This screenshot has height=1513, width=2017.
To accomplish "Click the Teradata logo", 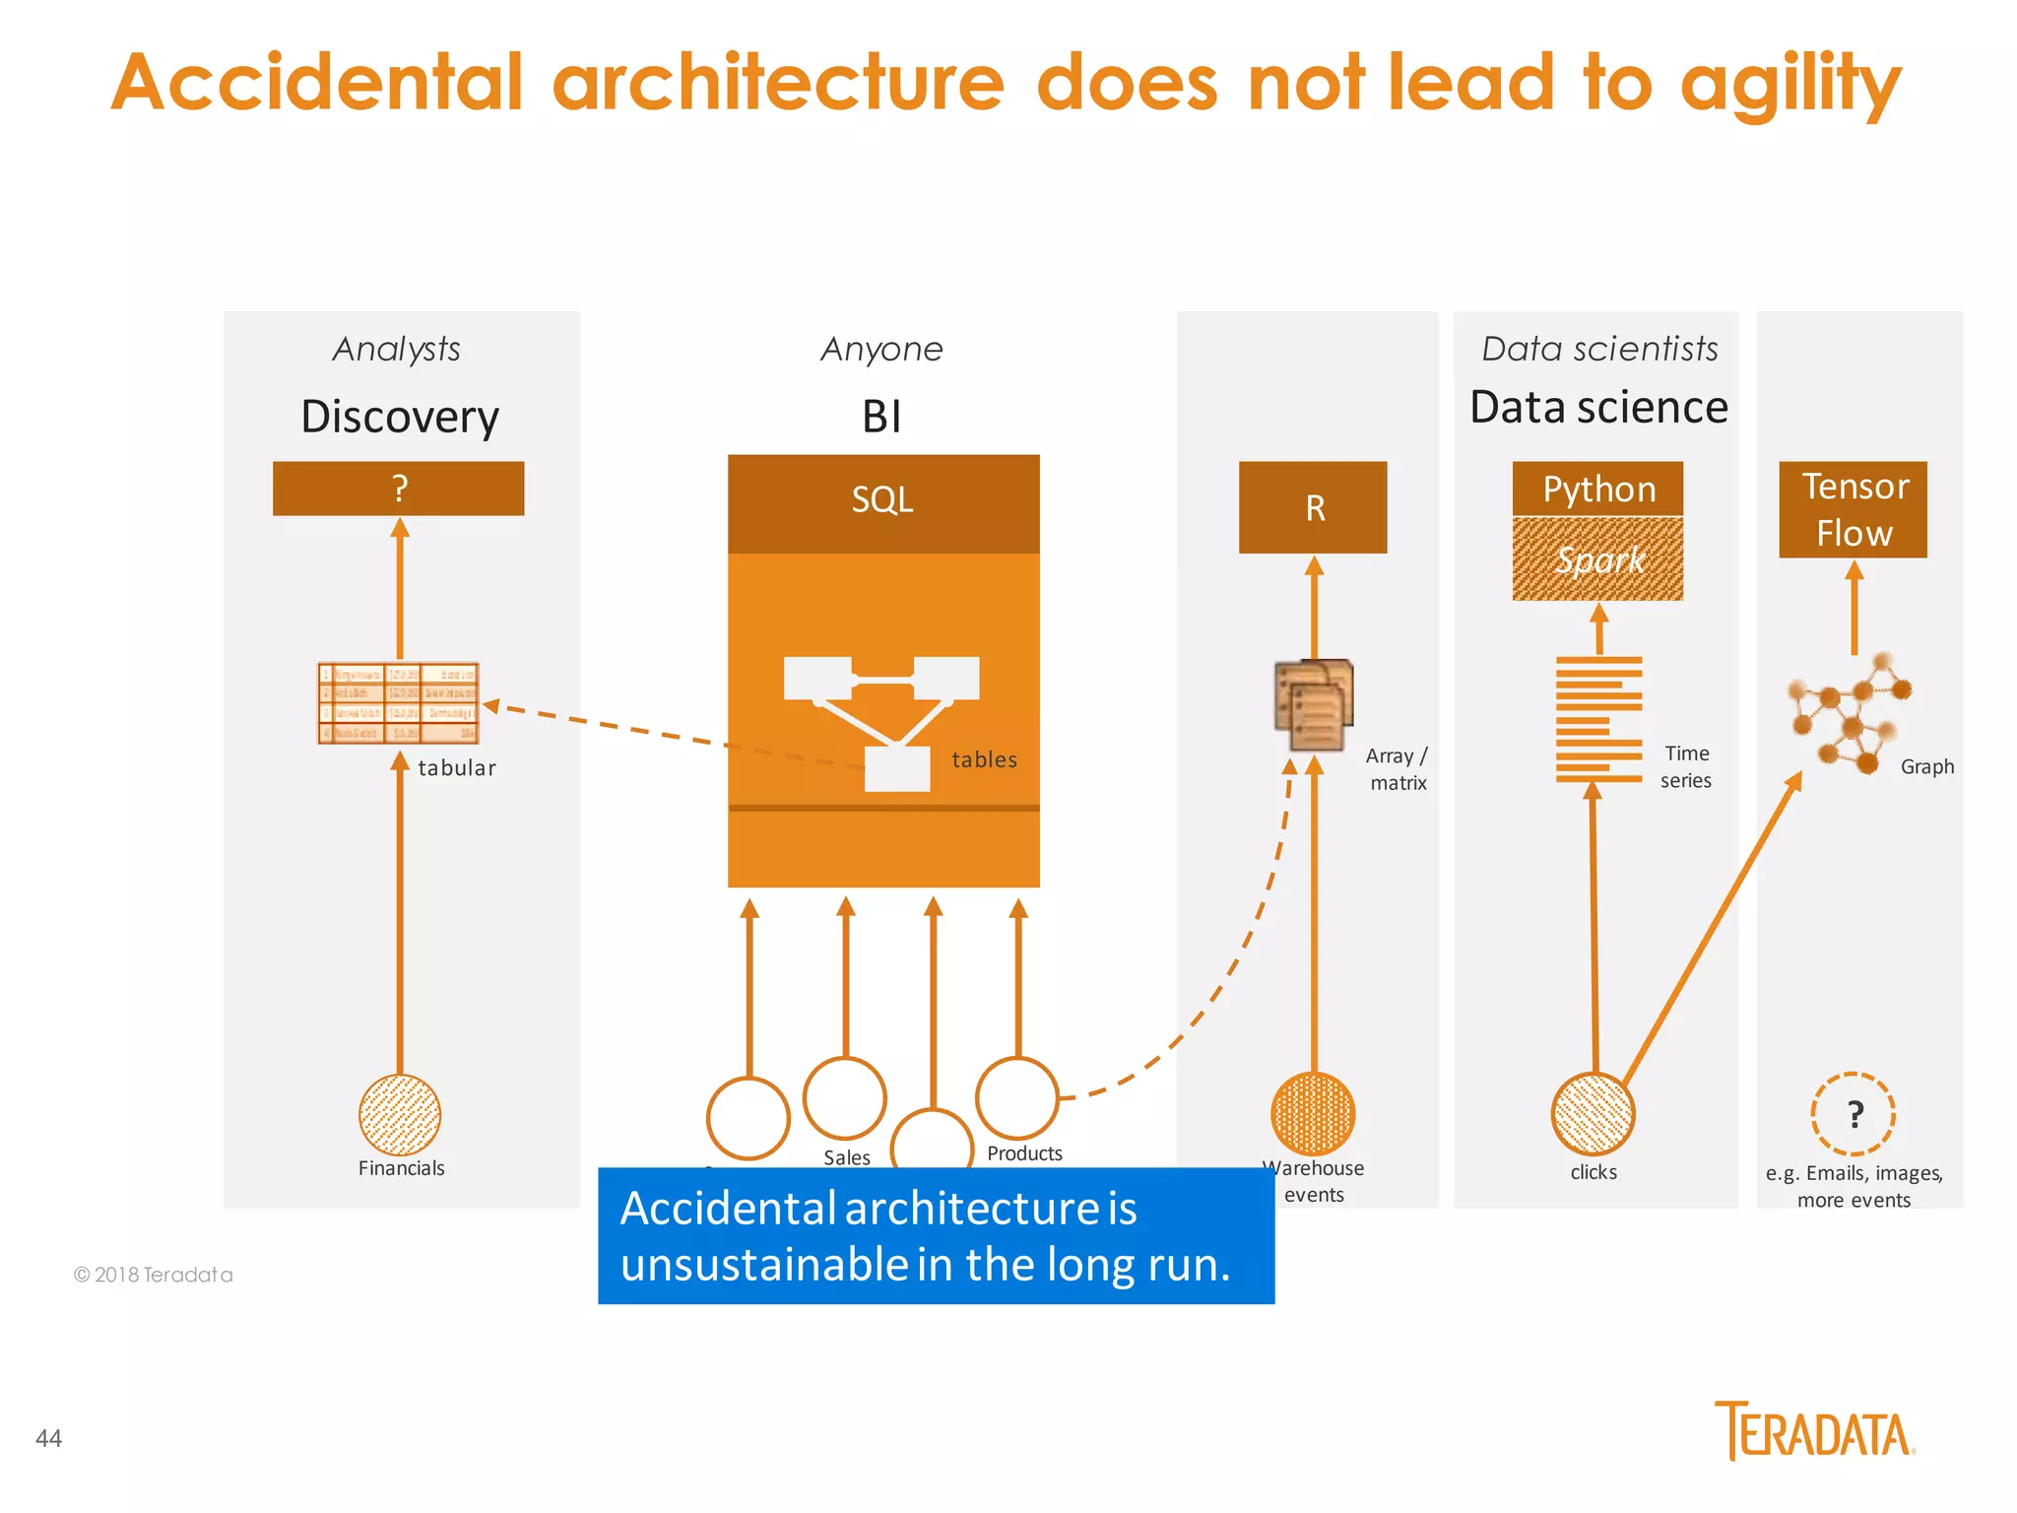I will pyautogui.click(x=1814, y=1431).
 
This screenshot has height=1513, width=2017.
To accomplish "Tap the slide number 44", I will pyautogui.click(x=48, y=1438).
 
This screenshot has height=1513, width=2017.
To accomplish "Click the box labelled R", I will pyautogui.click(x=1313, y=507).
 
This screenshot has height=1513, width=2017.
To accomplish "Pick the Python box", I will pyautogui.click(x=1597, y=489).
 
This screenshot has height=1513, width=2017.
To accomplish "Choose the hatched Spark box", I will pyautogui.click(x=1597, y=559).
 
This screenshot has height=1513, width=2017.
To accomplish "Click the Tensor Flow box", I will pyautogui.click(x=1853, y=509).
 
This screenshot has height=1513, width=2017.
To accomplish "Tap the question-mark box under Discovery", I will pyautogui.click(x=398, y=489).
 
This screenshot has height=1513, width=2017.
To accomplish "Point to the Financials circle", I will pyautogui.click(x=399, y=1114).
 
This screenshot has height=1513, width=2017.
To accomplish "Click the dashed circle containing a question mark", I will pyautogui.click(x=1853, y=1114).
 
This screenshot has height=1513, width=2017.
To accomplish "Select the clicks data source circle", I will pyautogui.click(x=1593, y=1114).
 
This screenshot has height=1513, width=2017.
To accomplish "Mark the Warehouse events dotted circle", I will pyautogui.click(x=1313, y=1113).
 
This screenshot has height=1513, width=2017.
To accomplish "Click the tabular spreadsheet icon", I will pyautogui.click(x=398, y=702).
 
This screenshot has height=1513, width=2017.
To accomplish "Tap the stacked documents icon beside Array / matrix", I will pyautogui.click(x=1314, y=704).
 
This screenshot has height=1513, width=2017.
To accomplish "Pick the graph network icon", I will pyautogui.click(x=1847, y=711).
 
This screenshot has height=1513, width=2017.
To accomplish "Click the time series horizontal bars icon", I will pyautogui.click(x=1597, y=719).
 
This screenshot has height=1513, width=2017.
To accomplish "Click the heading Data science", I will pyautogui.click(x=1597, y=407).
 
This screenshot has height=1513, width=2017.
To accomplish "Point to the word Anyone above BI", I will pyautogui.click(x=881, y=349).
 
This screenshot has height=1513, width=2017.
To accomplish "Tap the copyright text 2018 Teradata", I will pyautogui.click(x=154, y=1275).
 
